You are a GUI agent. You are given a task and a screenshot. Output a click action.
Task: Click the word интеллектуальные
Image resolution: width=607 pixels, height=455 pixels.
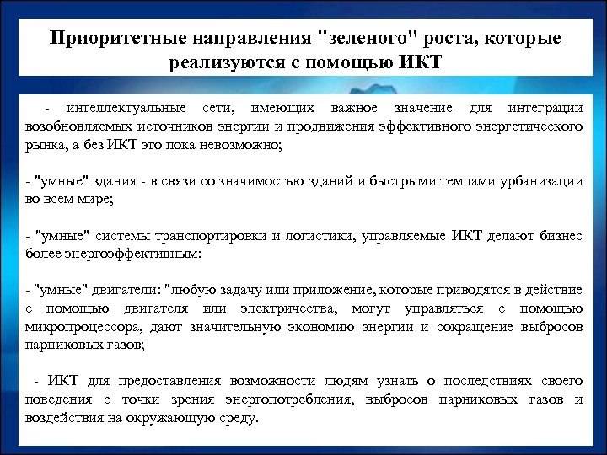tap(125, 110)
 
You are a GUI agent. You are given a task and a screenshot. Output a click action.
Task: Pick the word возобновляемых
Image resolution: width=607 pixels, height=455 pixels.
tap(75, 126)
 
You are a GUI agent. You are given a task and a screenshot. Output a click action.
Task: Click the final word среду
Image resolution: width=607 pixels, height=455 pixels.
tap(240, 418)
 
